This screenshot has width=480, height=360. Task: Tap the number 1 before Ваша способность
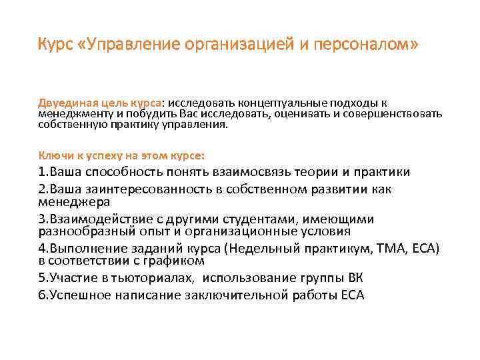tap(41, 172)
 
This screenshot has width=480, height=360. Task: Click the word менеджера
tap(73, 201)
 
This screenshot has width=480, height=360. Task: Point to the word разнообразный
tap(80, 231)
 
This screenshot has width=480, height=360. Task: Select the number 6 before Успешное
tap(41, 296)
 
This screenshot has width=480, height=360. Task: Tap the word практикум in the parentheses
tap(339, 249)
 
